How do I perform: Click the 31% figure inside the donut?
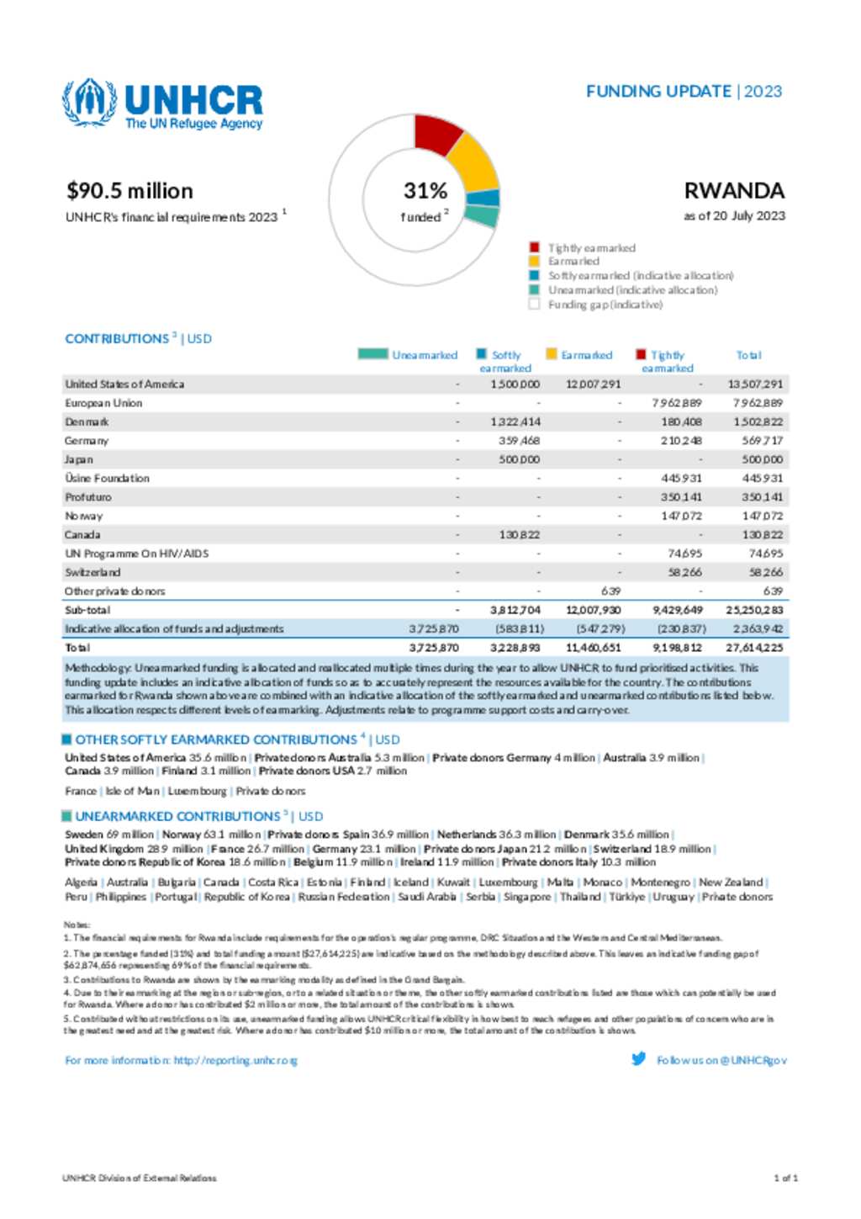pos(425,191)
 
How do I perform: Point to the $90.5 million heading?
pos(130,191)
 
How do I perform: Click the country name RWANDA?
pos(734,191)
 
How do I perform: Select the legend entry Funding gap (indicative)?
pos(605,305)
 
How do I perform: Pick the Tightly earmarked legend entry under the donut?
pos(591,248)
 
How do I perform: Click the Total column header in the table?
pos(748,356)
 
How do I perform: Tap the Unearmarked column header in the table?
pos(424,356)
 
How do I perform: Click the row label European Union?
pos(103,403)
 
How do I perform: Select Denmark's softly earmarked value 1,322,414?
pos(515,422)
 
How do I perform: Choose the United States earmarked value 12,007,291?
pos(594,384)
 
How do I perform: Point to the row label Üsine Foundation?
pos(107,479)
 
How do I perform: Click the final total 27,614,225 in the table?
pos(754,648)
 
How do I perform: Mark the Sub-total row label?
pos(87,610)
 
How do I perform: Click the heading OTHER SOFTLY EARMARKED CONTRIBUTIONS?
pos(216,740)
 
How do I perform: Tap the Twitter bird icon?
pos(639,1059)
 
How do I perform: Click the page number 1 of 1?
pos(785,1179)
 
